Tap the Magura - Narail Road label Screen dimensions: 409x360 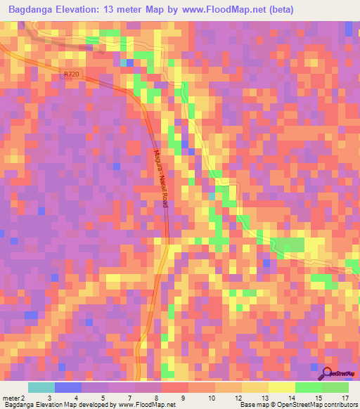(x=160, y=183)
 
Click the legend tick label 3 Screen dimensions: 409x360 (x=49, y=397)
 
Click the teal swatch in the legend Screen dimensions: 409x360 (x=41, y=387)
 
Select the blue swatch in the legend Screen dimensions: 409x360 (x=68, y=387)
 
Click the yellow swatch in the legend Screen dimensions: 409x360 (x=282, y=387)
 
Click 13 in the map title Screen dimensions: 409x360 (x=117, y=10)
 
